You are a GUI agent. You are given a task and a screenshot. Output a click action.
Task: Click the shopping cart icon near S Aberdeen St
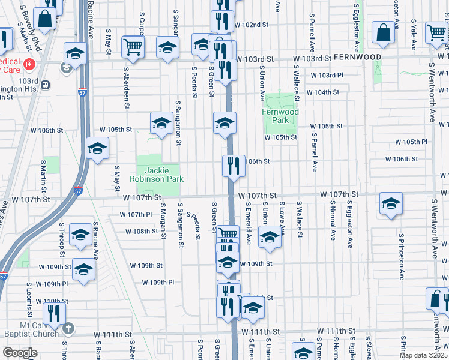tap(133, 46)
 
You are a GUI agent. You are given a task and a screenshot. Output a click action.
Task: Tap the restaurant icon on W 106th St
tap(234, 165)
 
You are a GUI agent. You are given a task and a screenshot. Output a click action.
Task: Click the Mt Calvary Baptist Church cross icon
tap(68, 328)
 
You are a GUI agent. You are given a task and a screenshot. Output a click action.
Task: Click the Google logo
tap(20, 353)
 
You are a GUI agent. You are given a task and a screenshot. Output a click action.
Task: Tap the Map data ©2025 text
tap(423, 355)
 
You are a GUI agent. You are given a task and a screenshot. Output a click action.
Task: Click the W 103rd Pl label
tap(327, 76)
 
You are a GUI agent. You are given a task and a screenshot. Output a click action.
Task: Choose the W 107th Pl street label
tap(136, 214)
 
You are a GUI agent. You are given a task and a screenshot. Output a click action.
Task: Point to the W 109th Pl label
tap(158, 282)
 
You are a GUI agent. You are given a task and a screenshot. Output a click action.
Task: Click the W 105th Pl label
tap(411, 142)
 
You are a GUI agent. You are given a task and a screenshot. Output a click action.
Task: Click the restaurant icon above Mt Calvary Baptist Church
tap(54, 313)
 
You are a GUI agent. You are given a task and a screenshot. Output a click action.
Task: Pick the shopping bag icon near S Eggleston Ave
tap(382, 32)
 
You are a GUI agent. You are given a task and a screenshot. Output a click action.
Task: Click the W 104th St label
tap(324, 92)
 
